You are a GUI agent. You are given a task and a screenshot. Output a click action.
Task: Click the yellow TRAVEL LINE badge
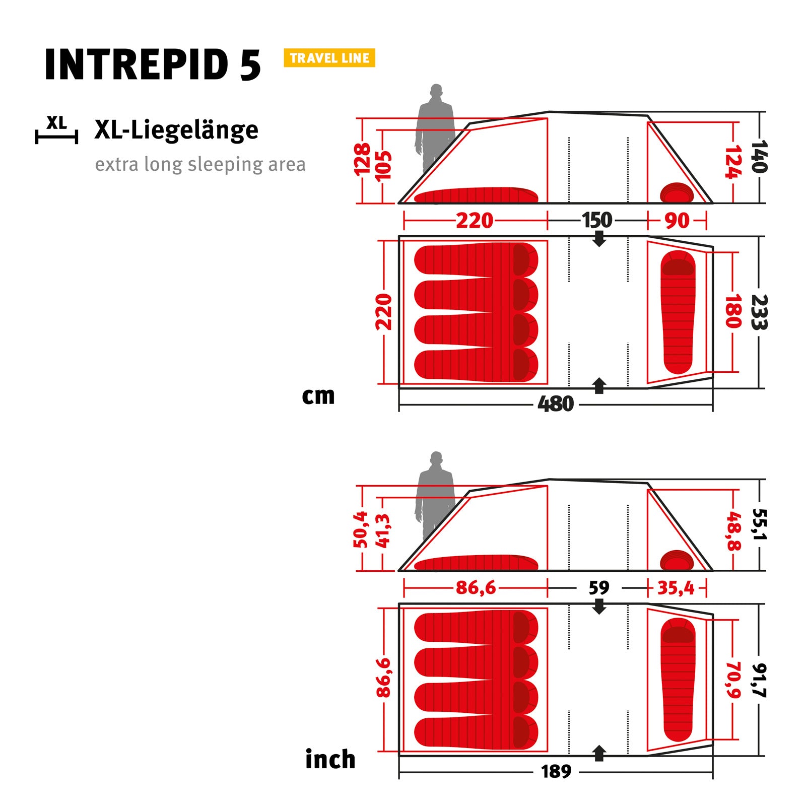329,58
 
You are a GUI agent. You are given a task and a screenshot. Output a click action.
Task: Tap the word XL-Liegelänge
176,130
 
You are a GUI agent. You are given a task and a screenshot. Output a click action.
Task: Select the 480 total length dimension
555,404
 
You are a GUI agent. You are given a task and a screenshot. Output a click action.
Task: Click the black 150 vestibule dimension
597,221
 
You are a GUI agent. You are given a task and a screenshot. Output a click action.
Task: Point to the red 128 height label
362,160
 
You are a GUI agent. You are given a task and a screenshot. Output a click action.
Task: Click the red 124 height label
733,162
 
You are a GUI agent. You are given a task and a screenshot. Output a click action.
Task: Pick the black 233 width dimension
759,312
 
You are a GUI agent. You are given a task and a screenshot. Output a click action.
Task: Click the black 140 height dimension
759,157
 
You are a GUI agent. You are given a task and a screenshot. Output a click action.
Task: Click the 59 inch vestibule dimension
599,588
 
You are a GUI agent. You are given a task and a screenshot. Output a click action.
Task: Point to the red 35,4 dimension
676,588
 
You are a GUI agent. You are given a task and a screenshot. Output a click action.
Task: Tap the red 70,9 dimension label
733,680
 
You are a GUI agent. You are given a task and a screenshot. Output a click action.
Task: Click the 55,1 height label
759,524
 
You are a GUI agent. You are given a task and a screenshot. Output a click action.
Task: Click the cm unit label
318,396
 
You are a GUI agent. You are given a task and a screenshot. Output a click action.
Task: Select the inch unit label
330,760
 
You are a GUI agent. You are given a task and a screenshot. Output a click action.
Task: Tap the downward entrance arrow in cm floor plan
599,239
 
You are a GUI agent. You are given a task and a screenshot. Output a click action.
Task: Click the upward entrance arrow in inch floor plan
599,753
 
